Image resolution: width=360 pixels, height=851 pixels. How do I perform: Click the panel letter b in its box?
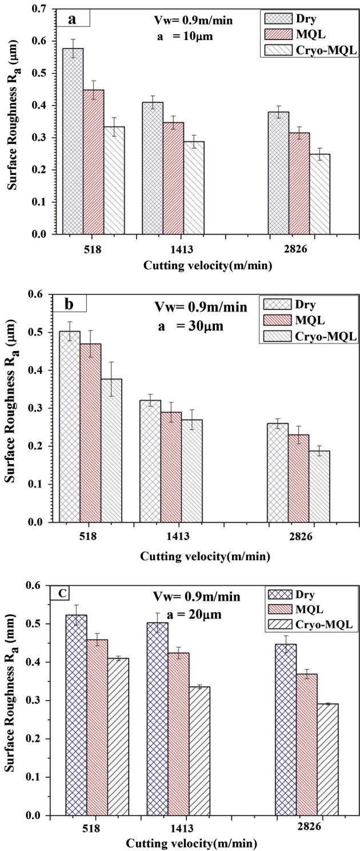[69, 303]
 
